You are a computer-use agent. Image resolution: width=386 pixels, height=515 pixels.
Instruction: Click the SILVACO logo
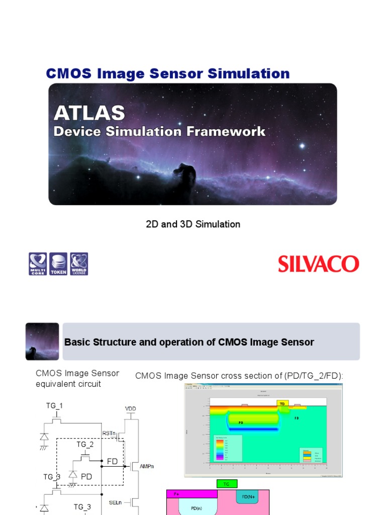pyautogui.click(x=319, y=264)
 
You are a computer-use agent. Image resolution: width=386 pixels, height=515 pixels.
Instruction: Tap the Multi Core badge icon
pyautogui.click(x=37, y=264)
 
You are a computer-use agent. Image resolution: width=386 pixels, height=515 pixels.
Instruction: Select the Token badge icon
pyautogui.click(x=58, y=264)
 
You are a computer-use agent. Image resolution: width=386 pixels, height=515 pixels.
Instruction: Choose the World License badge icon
pyautogui.click(x=79, y=264)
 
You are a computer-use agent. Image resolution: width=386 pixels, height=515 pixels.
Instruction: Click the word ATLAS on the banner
pyautogui.click(x=89, y=113)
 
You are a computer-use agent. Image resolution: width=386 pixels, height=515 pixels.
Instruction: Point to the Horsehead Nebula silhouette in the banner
pyautogui.click(x=184, y=176)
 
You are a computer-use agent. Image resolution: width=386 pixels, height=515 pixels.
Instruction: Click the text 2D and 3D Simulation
pyautogui.click(x=193, y=224)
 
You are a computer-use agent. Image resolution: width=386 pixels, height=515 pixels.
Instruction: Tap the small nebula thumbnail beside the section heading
pyautogui.click(x=42, y=341)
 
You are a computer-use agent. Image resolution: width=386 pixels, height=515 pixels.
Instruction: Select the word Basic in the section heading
pyautogui.click(x=76, y=342)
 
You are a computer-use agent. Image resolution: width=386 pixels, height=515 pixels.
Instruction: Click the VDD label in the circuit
pyautogui.click(x=130, y=409)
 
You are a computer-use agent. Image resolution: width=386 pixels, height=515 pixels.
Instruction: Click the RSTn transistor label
pyautogui.click(x=109, y=433)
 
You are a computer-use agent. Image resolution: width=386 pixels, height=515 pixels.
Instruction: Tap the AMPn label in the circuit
pyautogui.click(x=146, y=467)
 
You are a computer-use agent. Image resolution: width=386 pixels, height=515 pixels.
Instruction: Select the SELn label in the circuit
pyautogui.click(x=114, y=502)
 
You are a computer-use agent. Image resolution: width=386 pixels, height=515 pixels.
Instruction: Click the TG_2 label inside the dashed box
pyautogui.click(x=85, y=445)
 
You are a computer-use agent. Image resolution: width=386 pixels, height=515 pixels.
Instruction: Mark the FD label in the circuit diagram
pyautogui.click(x=112, y=461)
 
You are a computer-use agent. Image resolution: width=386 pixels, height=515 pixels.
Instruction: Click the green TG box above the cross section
pyautogui.click(x=226, y=484)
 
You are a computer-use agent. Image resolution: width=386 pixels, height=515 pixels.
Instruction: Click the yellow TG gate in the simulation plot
pyautogui.click(x=283, y=403)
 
